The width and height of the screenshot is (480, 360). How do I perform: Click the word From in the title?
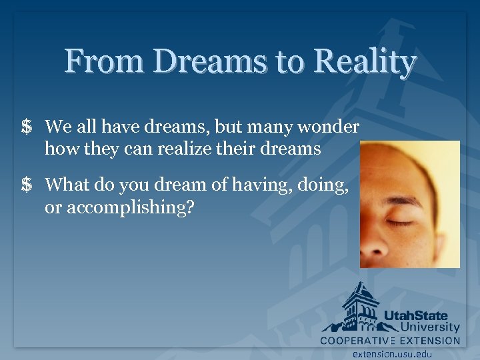pyautogui.click(x=93, y=63)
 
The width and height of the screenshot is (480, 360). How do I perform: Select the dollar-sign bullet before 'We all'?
pyautogui.click(x=27, y=127)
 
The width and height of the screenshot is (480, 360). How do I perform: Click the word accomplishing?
pyautogui.click(x=119, y=208)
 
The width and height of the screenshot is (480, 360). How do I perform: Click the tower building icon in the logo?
pyautogui.click(x=361, y=307)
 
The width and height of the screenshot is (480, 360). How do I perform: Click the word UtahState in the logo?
pyautogui.click(x=417, y=315)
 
